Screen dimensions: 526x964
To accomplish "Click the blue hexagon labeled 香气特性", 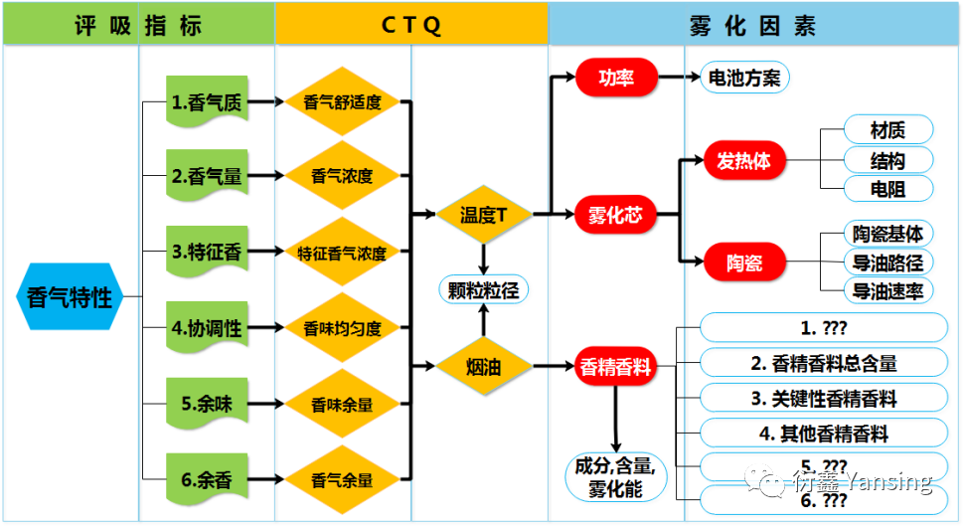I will tap(69, 296).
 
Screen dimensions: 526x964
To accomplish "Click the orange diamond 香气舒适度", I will tap(342, 101).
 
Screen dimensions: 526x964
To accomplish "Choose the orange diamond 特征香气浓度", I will tap(342, 252).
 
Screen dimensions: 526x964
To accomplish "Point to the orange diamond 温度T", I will tap(483, 214).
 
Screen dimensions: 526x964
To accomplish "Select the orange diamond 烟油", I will tap(483, 367).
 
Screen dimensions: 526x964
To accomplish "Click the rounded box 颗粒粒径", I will tap(483, 289).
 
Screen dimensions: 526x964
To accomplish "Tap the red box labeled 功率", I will tap(616, 78).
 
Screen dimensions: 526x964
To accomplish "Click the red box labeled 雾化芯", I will tap(616, 214).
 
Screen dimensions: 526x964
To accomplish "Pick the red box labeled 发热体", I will tap(743, 161).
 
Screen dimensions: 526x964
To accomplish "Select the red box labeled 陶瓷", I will tap(743, 264).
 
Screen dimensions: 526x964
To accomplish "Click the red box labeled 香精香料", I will tap(616, 367).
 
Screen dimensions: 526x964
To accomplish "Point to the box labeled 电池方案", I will tap(740, 78).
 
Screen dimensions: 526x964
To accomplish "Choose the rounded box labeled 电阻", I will tap(887, 188).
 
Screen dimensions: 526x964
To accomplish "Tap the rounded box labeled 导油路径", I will tap(887, 263).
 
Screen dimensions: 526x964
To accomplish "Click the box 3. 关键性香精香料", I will tap(823, 399).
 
